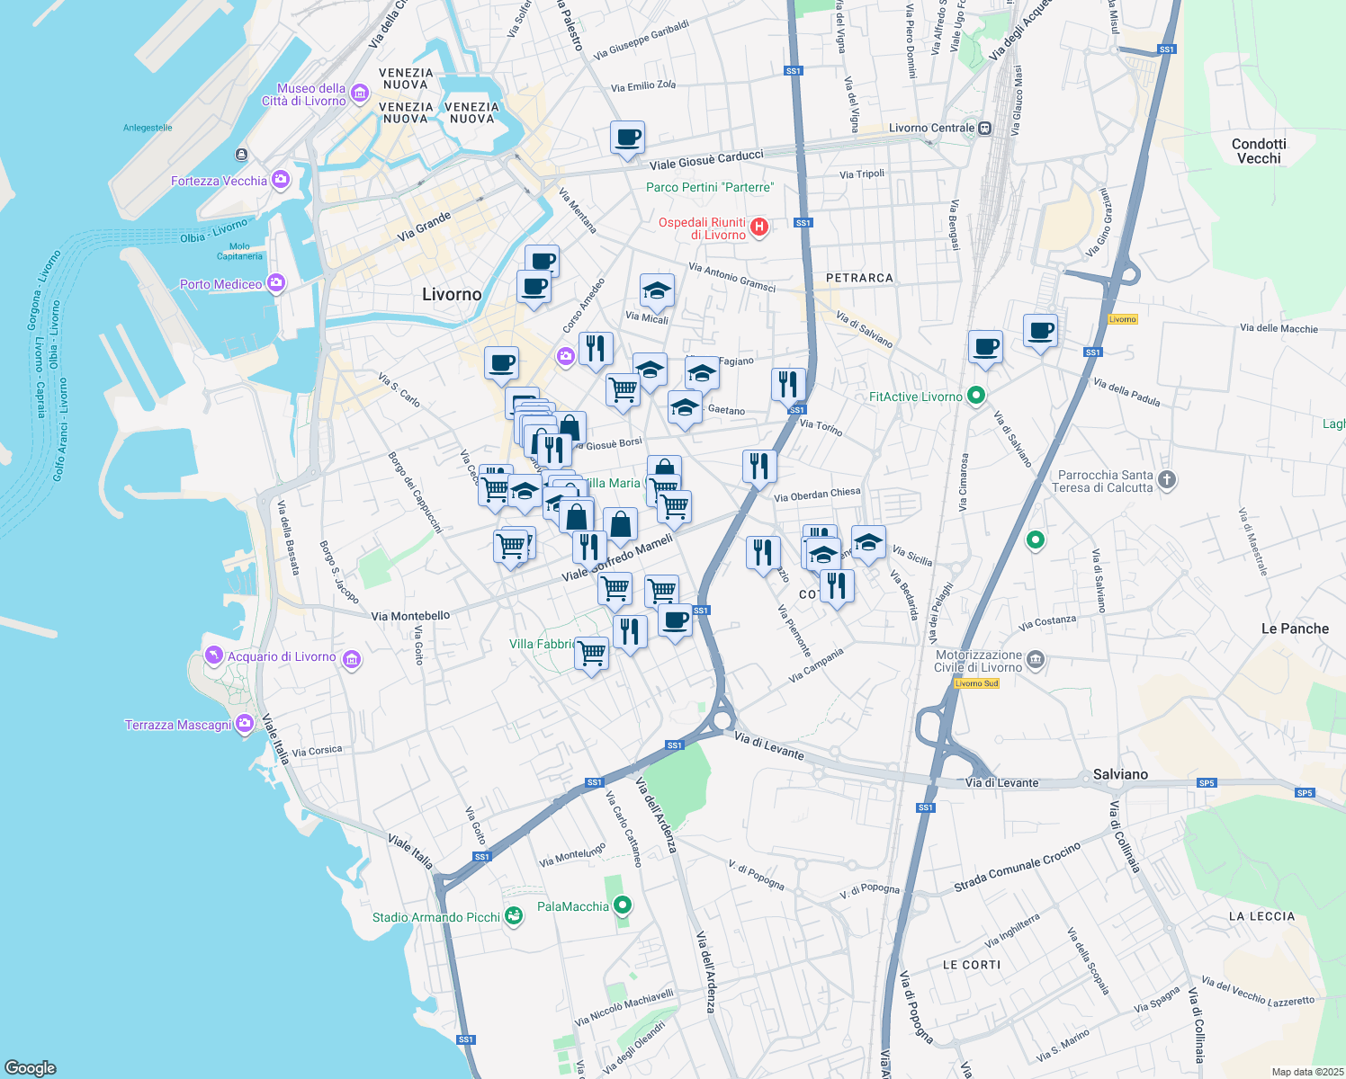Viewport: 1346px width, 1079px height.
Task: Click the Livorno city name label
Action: (x=452, y=295)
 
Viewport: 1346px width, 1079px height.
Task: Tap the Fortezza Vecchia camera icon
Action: (x=281, y=180)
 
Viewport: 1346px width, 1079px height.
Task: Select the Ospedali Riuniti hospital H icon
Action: (x=759, y=227)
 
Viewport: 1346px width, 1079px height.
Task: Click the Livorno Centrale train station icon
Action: (x=985, y=128)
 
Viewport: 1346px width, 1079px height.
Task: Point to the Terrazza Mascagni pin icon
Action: (x=244, y=725)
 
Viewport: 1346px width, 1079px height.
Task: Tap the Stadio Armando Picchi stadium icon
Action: (x=514, y=916)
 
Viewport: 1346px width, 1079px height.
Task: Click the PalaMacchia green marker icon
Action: (x=623, y=905)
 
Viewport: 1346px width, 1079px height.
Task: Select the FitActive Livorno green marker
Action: (x=975, y=396)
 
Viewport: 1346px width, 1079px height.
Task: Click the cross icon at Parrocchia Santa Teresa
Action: (x=1167, y=479)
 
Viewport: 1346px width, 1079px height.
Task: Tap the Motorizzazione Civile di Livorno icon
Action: (x=1036, y=660)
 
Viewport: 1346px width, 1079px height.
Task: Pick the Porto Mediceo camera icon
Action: (x=276, y=283)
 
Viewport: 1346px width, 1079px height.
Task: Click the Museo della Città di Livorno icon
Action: (x=360, y=94)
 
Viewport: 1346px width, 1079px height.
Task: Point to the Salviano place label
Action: (x=1120, y=774)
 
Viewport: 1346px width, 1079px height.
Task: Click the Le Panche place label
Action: (x=1295, y=629)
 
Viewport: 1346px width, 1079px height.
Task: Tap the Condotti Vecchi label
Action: (x=1259, y=151)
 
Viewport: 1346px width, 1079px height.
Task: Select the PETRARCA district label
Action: (x=859, y=278)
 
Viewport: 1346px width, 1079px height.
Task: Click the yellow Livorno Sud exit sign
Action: (x=976, y=683)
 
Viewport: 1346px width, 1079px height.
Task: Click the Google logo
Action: (x=31, y=1067)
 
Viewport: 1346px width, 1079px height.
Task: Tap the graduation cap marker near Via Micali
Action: (x=657, y=290)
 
